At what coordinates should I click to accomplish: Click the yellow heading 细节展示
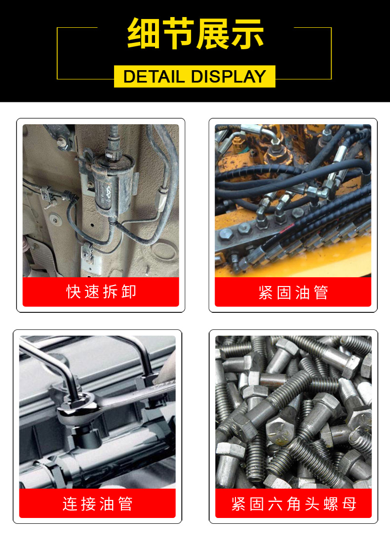[195, 34]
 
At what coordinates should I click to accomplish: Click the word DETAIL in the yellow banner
[154, 76]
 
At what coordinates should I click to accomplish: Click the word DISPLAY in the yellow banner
[229, 76]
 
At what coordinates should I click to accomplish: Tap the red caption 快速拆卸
[101, 291]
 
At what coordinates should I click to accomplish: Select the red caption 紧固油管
[293, 293]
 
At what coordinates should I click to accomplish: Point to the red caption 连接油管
[97, 504]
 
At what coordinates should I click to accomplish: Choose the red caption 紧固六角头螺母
[293, 504]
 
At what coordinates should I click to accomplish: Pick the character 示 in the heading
[247, 34]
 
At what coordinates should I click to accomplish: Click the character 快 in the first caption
[74, 291]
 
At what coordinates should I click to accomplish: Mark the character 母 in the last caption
[349, 504]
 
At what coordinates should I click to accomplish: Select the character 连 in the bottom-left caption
[70, 504]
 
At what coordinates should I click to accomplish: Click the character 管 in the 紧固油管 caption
[321, 293]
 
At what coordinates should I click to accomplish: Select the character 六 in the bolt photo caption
[275, 504]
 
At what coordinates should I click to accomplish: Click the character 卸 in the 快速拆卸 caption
[129, 291]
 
